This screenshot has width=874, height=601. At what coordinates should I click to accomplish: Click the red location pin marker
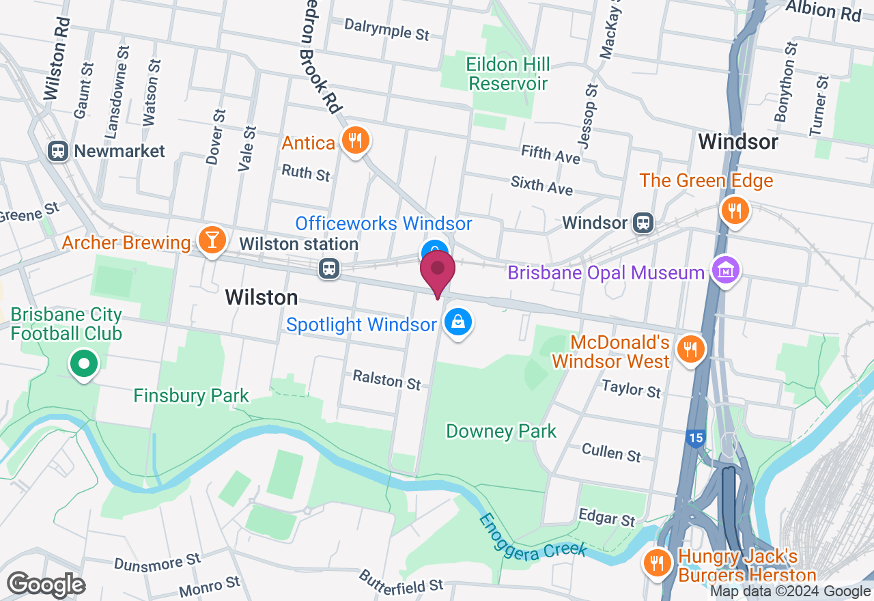coord(437,271)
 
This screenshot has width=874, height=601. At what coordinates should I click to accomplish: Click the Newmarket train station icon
coord(58,151)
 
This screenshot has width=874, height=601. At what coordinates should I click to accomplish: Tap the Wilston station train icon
coord(329,268)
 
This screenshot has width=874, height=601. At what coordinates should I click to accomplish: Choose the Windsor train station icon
coord(643,223)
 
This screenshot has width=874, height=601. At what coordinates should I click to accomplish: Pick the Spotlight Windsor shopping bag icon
coord(458,321)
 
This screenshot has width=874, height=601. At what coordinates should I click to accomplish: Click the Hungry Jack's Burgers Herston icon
coord(657,563)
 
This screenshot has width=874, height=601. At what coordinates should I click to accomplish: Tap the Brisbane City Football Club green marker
coord(84,364)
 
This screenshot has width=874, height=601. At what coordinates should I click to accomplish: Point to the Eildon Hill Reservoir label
coord(508,74)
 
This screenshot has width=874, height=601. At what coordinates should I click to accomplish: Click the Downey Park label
coord(501,431)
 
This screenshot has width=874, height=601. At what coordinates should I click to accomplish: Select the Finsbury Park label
coord(191,395)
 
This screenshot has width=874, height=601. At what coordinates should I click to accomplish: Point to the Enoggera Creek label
coord(533,534)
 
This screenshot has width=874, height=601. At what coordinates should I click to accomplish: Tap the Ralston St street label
coord(386,379)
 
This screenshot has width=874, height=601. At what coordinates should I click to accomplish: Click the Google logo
coord(46,585)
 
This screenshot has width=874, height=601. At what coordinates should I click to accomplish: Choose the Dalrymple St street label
coord(386,29)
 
